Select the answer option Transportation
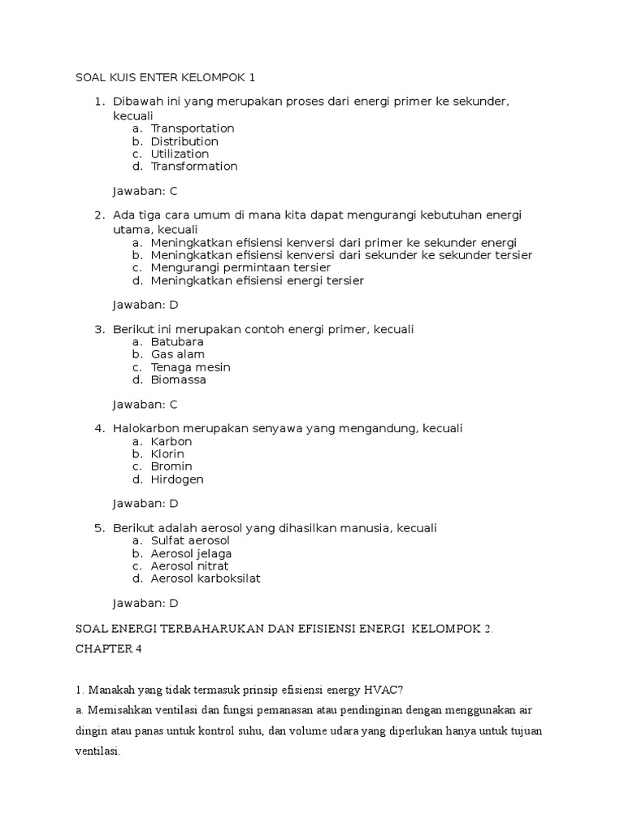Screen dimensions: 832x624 click(x=192, y=128)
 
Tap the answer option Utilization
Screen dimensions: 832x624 click(x=180, y=154)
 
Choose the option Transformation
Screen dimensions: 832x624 click(x=194, y=167)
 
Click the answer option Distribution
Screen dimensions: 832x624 click(x=184, y=141)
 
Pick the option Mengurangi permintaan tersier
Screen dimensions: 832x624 click(x=240, y=268)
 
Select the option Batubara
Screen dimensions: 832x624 click(x=177, y=342)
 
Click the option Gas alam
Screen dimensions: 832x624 click(x=178, y=354)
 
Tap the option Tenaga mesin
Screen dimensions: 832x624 click(x=190, y=367)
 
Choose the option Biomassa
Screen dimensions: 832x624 click(x=179, y=379)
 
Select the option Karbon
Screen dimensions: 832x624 click(x=171, y=441)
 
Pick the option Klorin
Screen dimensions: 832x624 click(x=167, y=453)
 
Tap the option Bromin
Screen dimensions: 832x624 click(x=171, y=466)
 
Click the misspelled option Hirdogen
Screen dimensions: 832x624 click(x=177, y=479)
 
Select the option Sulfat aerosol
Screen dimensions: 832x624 click(x=190, y=540)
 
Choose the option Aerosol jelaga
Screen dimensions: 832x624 click(x=191, y=553)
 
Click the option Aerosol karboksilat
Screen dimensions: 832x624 click(x=206, y=578)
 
